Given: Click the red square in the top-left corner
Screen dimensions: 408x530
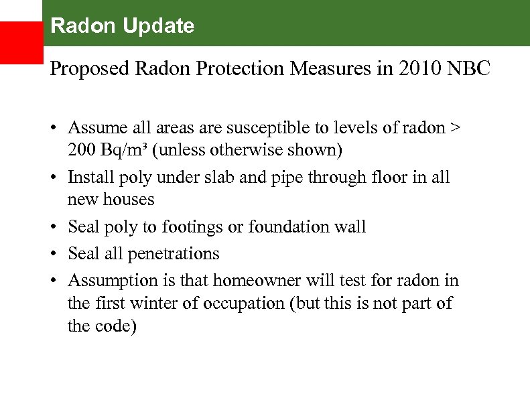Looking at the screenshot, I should click(21, 42).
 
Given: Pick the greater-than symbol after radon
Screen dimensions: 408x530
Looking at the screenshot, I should click(456, 128).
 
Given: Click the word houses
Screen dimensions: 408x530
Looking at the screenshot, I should click(129, 200).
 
